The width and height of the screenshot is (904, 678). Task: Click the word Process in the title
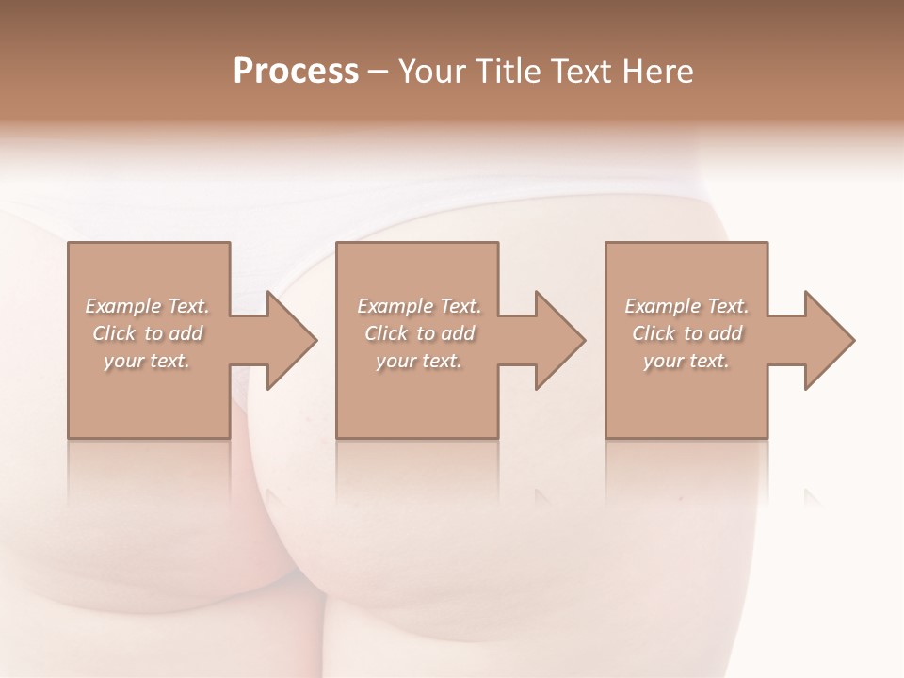(x=296, y=72)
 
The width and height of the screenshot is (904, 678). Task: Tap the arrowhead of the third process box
(x=828, y=340)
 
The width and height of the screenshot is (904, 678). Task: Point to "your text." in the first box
(x=147, y=361)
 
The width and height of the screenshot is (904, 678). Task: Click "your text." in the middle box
(x=419, y=361)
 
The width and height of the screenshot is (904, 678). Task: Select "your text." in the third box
(x=686, y=361)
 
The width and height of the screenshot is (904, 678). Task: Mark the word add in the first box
(x=186, y=333)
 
